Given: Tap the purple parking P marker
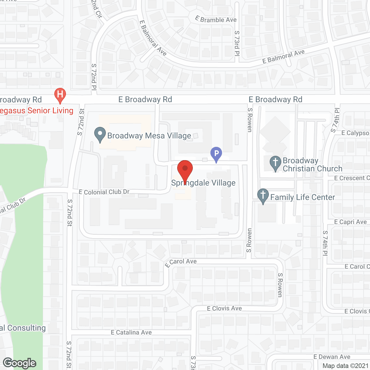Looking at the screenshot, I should pyautogui.click(x=216, y=154).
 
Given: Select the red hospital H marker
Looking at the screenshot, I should pyautogui.click(x=60, y=95).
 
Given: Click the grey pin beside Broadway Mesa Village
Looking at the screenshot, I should pyautogui.click(x=100, y=135).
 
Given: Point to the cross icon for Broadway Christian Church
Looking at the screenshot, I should pyautogui.click(x=275, y=163).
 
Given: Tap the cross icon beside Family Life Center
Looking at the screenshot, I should pyautogui.click(x=263, y=196).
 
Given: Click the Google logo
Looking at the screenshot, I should pyautogui.click(x=20, y=363).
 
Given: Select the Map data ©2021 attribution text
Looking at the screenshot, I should pyautogui.click(x=345, y=366).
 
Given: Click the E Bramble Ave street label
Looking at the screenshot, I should pyautogui.click(x=216, y=19).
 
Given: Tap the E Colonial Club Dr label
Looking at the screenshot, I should pyautogui.click(x=104, y=192).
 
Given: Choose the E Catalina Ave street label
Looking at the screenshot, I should pyautogui.click(x=131, y=332).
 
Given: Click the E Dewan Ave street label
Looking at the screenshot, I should pyautogui.click(x=332, y=357).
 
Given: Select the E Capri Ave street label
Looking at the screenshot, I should pyautogui.click(x=350, y=222).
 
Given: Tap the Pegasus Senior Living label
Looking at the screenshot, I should pyautogui.click(x=37, y=111).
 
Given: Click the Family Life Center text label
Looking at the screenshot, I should pyautogui.click(x=303, y=197).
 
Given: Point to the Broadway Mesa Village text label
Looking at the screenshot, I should pyautogui.click(x=149, y=136).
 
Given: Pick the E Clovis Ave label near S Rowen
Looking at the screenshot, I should pyautogui.click(x=224, y=308).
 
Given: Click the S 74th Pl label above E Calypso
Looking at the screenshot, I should pyautogui.click(x=336, y=120).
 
